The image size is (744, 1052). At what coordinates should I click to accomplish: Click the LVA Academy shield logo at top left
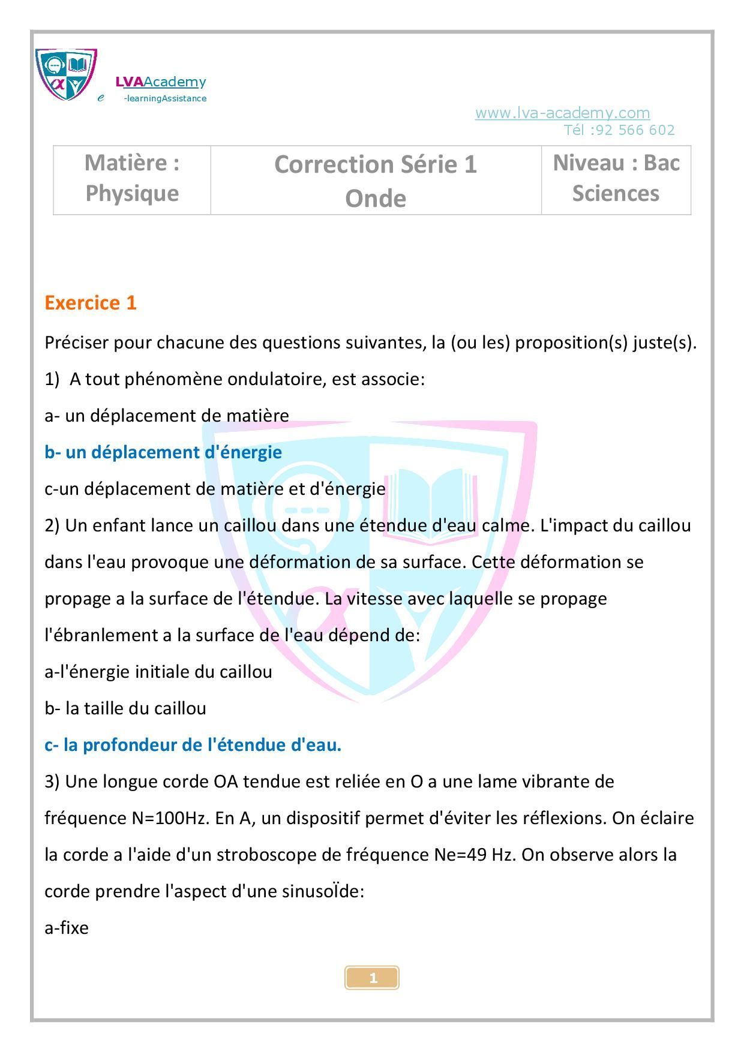tap(66, 74)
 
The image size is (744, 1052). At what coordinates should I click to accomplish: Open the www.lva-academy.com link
tap(562, 113)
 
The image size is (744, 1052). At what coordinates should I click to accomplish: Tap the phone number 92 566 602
tap(634, 130)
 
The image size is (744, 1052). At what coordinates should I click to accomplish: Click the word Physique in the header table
tap(132, 193)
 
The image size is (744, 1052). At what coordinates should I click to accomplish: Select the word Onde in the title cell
tap(375, 199)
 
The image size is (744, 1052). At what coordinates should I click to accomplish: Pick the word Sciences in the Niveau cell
tap(615, 193)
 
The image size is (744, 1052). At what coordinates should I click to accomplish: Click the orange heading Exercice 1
tap(91, 303)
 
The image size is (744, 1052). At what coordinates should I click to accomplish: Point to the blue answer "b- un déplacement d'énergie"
tap(163, 452)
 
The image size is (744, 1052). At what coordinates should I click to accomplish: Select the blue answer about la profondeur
tap(193, 745)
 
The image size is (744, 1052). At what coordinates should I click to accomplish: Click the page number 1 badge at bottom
tap(372, 978)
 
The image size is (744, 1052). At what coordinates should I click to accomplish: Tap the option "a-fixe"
tap(67, 928)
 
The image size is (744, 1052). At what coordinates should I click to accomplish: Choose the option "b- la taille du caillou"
tap(125, 708)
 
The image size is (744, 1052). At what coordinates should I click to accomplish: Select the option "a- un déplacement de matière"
tap(167, 416)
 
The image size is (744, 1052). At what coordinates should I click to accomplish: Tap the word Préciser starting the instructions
tap(76, 343)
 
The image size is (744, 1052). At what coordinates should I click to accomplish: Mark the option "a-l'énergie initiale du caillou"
tap(158, 672)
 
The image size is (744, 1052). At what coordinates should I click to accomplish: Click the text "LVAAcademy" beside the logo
tap(161, 82)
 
